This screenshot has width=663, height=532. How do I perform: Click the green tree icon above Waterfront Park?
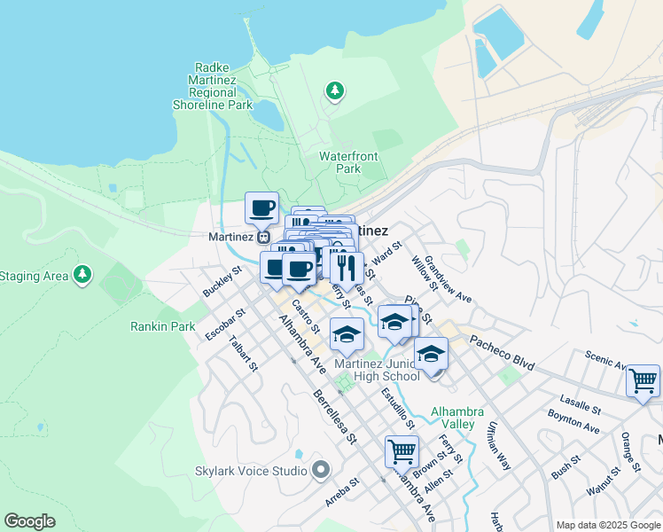[x=334, y=90]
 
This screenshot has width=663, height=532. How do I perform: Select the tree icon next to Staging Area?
[x=82, y=275]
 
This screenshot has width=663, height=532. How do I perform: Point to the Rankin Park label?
[x=162, y=326]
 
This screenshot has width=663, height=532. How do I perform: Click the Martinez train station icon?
[x=263, y=238]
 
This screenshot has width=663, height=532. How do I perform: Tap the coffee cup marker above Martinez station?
[x=261, y=208]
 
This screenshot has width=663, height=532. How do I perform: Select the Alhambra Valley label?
[x=457, y=417]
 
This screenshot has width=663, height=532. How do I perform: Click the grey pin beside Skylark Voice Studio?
[x=321, y=469]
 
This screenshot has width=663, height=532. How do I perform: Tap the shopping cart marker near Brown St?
[x=402, y=451]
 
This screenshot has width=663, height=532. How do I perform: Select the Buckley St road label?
[x=222, y=281]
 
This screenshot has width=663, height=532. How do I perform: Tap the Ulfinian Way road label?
[x=497, y=445]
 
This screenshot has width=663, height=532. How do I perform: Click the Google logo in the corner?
[x=29, y=521]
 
